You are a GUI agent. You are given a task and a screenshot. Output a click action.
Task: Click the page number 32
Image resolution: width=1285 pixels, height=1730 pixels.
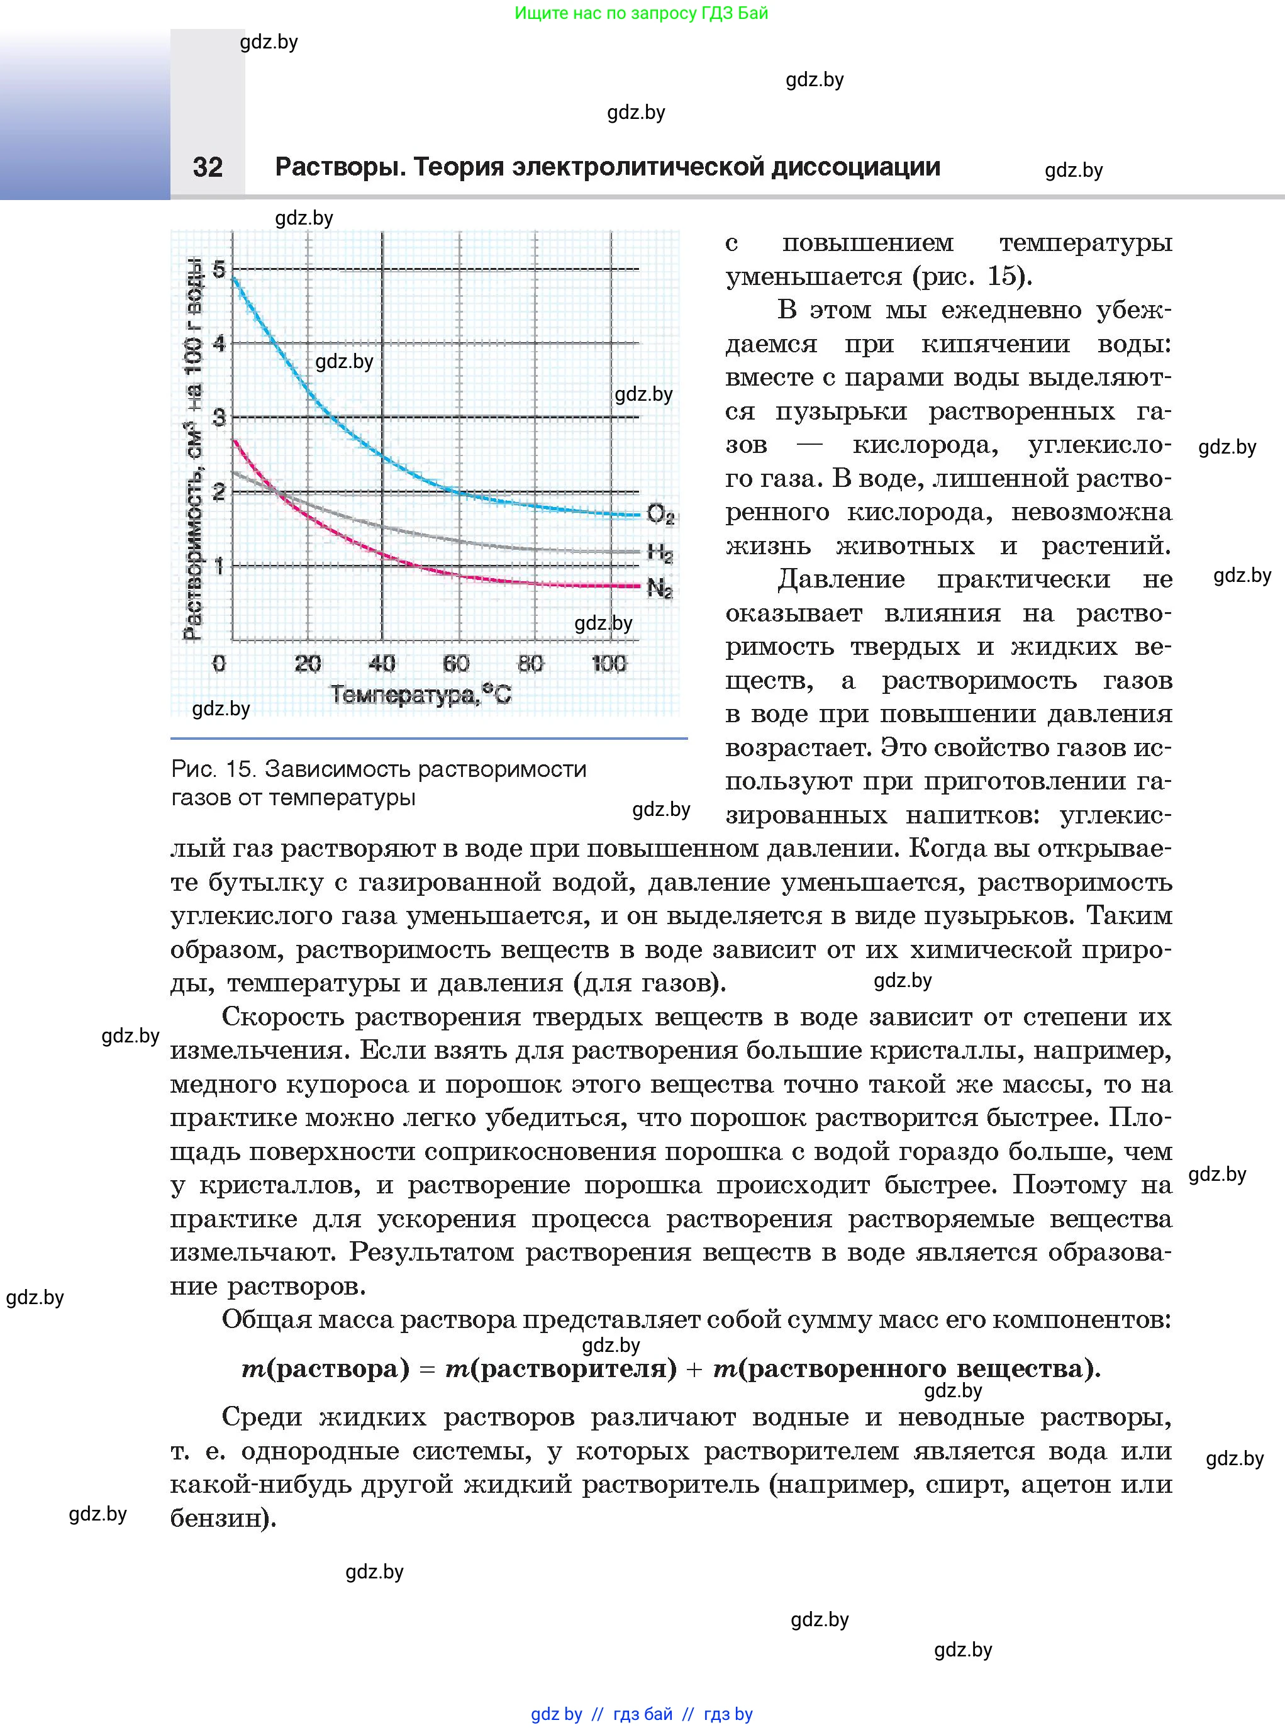coord(208,167)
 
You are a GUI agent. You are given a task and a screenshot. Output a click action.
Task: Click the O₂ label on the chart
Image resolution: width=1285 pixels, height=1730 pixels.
coord(660,514)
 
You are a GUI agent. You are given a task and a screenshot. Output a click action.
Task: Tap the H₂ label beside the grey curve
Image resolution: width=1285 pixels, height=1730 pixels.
coord(660,553)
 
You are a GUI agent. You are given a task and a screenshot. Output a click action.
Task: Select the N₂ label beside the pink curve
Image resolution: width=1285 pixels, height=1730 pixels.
coord(660,588)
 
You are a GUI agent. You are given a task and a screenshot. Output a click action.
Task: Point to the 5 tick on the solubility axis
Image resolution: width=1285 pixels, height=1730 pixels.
coord(219,270)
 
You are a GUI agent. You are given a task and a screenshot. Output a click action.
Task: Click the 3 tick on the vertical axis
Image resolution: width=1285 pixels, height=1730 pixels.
coord(219,418)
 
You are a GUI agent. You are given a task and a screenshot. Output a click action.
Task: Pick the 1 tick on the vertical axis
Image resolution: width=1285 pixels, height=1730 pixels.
coord(219,566)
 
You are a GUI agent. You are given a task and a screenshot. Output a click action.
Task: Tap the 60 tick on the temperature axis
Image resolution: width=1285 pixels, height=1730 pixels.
coord(456,664)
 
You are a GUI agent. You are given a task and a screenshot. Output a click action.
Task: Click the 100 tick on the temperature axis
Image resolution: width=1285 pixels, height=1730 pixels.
coord(608,664)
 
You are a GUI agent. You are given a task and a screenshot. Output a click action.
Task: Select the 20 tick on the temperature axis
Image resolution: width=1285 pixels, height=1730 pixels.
coord(308,664)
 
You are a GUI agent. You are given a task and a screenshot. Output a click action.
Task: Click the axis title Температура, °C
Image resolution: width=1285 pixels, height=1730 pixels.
coord(421,695)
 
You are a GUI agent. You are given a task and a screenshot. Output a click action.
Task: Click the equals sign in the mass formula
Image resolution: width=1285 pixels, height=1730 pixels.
coord(427,1368)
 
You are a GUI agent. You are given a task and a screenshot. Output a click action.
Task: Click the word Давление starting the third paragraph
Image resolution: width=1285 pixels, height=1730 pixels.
coord(841,579)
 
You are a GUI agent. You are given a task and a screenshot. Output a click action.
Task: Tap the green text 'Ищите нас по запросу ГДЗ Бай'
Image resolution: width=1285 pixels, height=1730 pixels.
coord(642,13)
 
